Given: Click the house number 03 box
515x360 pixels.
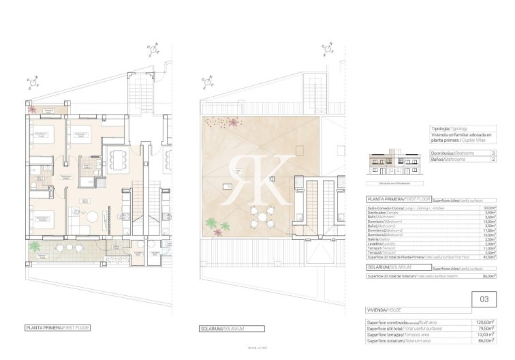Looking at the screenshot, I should pos(484,299).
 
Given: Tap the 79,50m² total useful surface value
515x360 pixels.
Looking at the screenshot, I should pos(485,327).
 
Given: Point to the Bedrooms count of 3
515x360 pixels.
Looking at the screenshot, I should pos(493,153).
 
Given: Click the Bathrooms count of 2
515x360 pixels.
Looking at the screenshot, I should pos(493,160).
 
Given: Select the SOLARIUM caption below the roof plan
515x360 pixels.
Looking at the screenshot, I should pos(222,328).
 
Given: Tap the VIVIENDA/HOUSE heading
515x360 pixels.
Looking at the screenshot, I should pos(384,311).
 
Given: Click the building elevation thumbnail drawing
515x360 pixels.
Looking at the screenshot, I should pos(391,164).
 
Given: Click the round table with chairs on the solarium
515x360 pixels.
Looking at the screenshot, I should pos(262,217).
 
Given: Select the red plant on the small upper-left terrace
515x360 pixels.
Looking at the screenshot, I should pos(32,109).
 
